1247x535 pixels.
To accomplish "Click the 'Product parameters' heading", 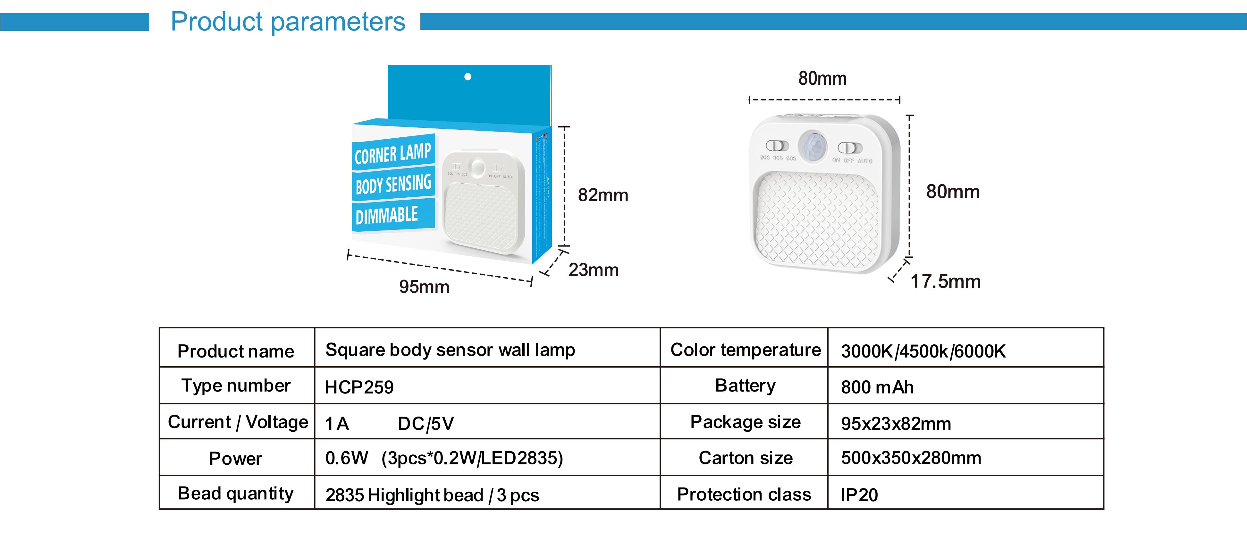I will click(x=288, y=22).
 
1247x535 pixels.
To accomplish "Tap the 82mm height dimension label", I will click(x=603, y=195).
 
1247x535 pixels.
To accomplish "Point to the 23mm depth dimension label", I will click(x=594, y=270).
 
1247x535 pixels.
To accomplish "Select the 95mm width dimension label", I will click(x=424, y=287).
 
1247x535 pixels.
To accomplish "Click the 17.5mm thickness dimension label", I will click(x=945, y=281).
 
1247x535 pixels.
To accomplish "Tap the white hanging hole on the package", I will click(x=468, y=77).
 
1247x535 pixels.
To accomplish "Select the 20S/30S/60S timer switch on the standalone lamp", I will click(x=777, y=146).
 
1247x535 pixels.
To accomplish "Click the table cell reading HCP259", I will click(x=359, y=387).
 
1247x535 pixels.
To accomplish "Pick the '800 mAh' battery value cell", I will click(x=877, y=387).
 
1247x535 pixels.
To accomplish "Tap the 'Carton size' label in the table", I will click(x=746, y=458).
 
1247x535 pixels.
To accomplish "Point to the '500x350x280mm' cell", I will click(x=911, y=458).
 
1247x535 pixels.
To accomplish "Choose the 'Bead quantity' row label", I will click(x=236, y=493).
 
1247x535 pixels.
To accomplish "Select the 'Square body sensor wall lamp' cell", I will click(x=450, y=350).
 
